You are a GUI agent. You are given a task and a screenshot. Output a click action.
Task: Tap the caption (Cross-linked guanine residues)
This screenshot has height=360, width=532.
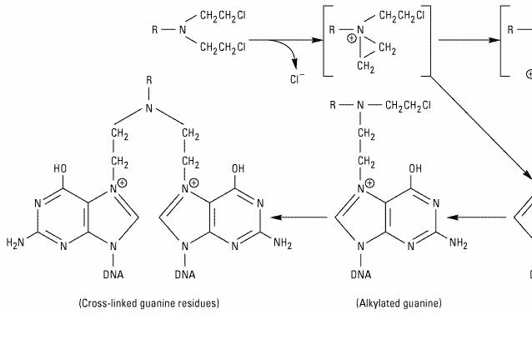pyautogui.click(x=149, y=303)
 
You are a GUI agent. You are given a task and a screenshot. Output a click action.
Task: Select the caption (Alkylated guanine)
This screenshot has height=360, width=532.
pyautogui.click(x=399, y=303)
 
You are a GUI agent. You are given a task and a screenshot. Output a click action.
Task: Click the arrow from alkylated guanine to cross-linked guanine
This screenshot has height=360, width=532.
pyautogui.click(x=301, y=218)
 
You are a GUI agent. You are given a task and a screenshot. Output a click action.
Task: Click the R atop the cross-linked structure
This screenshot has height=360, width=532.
pyautogui.click(x=149, y=82)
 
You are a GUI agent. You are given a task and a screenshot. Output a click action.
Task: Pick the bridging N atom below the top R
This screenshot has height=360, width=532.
pyautogui.click(x=149, y=108)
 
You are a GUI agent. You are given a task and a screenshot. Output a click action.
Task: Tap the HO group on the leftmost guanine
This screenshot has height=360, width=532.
pyautogui.click(x=61, y=168)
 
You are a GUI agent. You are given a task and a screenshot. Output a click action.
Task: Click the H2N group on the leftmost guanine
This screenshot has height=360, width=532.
pyautogui.click(x=17, y=243)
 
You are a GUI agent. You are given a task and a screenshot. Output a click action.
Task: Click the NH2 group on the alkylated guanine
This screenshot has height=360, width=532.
pyautogui.click(x=459, y=243)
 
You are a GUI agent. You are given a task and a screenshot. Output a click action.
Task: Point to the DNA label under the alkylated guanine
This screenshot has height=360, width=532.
pyautogui.click(x=361, y=274)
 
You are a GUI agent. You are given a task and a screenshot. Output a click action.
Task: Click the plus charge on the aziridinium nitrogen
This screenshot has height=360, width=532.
pyautogui.click(x=351, y=38)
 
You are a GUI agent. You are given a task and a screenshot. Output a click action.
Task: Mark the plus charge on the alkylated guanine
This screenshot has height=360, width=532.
pyautogui.click(x=370, y=183)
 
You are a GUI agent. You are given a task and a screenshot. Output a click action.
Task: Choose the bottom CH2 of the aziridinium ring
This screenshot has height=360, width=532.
pyautogui.click(x=365, y=65)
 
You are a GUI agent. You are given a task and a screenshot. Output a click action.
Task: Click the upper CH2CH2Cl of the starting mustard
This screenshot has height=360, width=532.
pyautogui.click(x=223, y=16)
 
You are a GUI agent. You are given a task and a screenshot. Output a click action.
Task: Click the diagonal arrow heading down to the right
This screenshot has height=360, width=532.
pyautogui.click(x=479, y=125)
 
